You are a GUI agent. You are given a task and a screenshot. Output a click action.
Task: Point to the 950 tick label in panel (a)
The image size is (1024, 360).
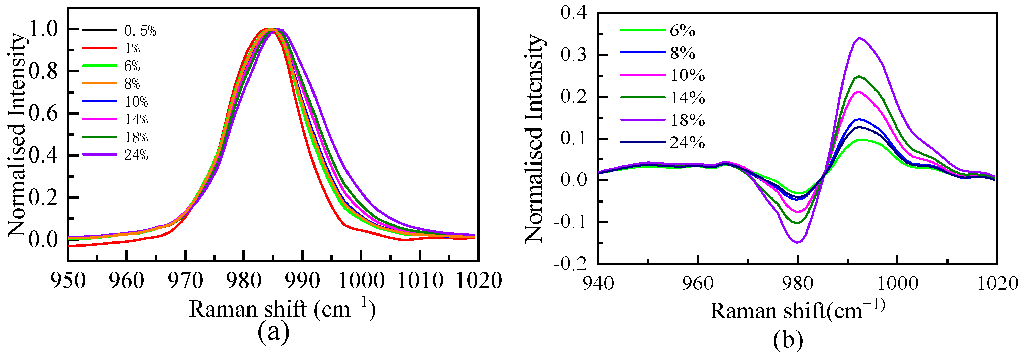click(68, 281)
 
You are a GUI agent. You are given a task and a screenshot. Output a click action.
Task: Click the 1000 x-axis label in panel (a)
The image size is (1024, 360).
click(361, 281)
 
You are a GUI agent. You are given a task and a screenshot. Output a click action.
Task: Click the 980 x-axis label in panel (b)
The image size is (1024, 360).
click(797, 284)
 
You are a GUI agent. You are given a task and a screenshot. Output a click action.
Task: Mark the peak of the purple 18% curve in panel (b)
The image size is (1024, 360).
click(859, 38)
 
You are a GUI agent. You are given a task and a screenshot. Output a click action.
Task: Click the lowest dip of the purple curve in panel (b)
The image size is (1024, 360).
click(797, 242)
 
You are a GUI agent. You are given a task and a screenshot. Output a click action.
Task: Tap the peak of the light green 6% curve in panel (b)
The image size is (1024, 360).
click(861, 140)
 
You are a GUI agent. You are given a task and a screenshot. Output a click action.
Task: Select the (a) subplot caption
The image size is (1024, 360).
click(273, 332)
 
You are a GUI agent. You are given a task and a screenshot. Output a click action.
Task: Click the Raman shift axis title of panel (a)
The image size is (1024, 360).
click(282, 309)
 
